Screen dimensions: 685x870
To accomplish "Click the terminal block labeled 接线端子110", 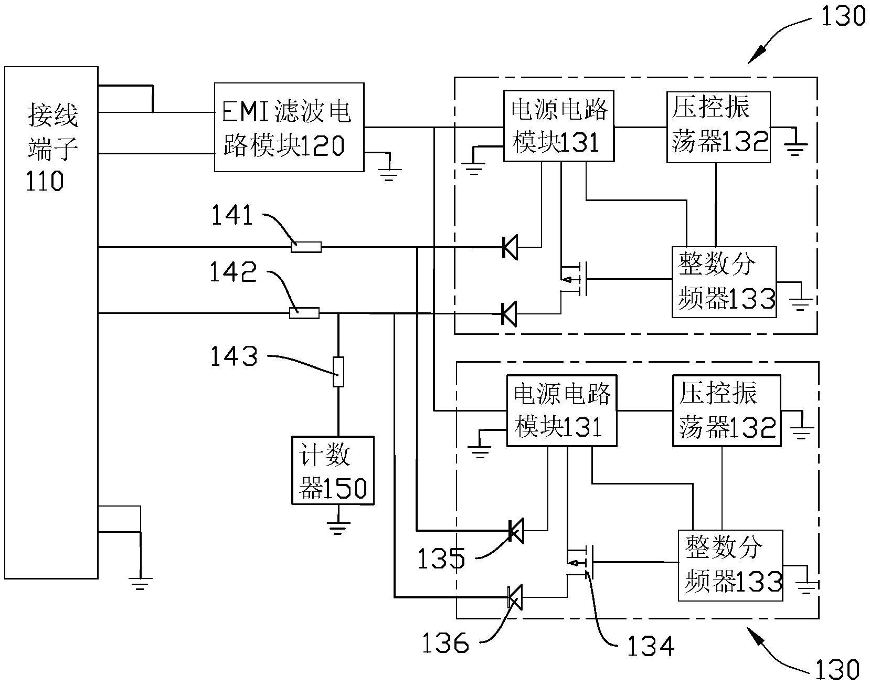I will point(51,322).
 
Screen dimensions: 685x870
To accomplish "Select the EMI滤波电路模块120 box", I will point(289,127).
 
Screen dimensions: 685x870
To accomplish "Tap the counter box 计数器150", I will point(333,470).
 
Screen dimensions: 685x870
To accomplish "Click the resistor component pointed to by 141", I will point(306,247).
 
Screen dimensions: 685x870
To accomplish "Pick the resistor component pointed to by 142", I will point(304,313).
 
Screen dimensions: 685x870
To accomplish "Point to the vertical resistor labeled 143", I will point(338,372).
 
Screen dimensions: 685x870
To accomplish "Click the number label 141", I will point(232,215).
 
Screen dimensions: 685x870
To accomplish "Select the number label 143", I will point(234,357).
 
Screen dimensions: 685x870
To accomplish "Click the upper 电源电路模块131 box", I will point(558,126).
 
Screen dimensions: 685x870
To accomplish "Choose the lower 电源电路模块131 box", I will point(561,410).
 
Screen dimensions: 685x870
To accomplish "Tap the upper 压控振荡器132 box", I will point(718,127).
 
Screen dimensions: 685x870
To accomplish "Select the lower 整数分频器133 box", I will point(730,565).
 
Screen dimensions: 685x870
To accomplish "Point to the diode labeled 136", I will point(515,597).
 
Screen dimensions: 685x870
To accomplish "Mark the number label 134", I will point(650,646).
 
